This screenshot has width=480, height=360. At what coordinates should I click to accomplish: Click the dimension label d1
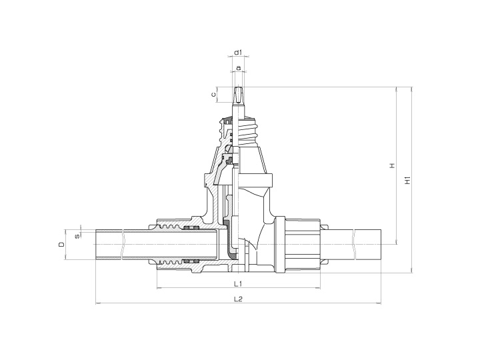coord(238,51)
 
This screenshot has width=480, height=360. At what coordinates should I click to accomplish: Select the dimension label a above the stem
coord(238,68)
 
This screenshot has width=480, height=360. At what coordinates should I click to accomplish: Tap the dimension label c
coord(214,95)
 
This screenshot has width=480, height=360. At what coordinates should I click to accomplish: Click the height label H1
coord(407,180)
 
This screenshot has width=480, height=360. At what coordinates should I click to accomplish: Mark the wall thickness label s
coord(77,234)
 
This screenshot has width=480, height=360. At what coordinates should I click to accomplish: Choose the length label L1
coord(238,283)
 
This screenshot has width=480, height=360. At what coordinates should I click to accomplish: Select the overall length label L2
coord(238,299)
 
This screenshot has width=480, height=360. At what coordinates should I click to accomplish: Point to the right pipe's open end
coord(379,245)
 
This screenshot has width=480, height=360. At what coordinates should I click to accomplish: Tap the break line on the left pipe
coord(123,245)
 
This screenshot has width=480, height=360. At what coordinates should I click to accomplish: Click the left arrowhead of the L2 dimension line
coord(99,304)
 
